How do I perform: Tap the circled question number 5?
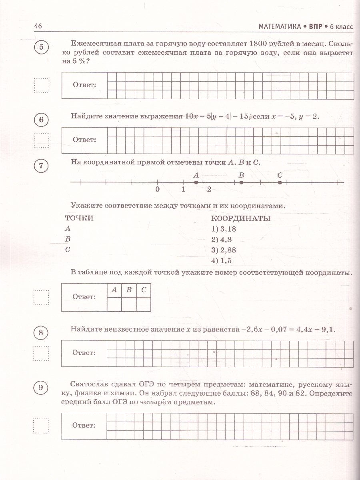(x=41, y=48)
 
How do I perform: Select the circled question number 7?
(x=41, y=166)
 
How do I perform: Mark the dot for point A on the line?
(x=196, y=182)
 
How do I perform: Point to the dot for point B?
(x=241, y=182)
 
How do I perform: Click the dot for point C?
(x=280, y=182)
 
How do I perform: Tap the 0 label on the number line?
(x=158, y=189)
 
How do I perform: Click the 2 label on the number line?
(x=209, y=189)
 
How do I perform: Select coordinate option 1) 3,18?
(x=223, y=229)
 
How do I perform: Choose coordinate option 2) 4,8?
(x=222, y=240)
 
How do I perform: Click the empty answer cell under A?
(x=114, y=304)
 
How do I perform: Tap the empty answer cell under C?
(x=143, y=304)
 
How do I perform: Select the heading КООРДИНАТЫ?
(x=240, y=218)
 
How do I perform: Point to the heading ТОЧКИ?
(x=79, y=218)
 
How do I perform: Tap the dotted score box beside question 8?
(x=41, y=353)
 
